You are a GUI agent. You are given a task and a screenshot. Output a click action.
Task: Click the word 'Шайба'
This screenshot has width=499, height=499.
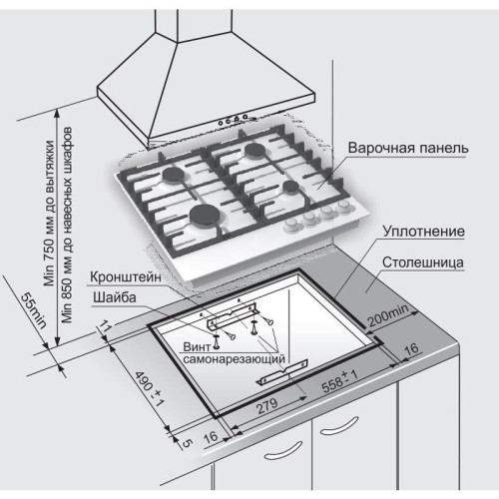point(111,296)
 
